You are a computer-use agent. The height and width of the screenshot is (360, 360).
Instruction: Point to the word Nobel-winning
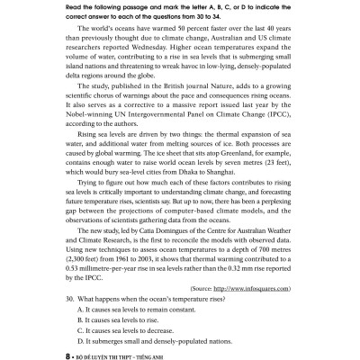coord(85,137)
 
